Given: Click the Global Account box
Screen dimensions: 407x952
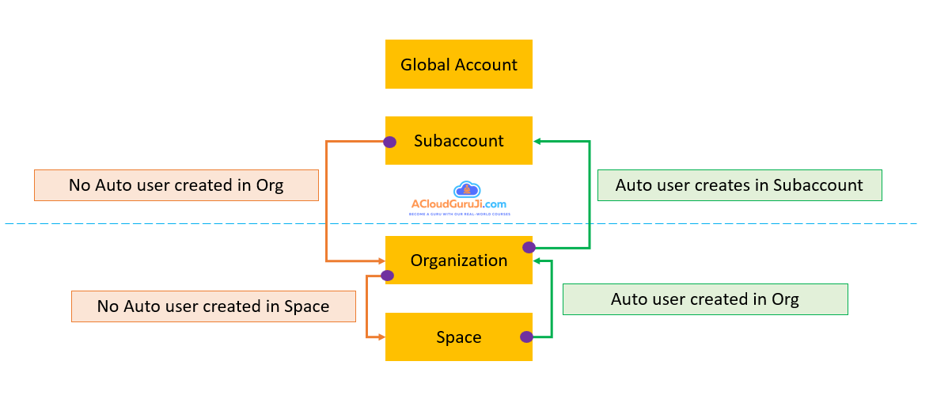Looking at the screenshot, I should tap(458, 64).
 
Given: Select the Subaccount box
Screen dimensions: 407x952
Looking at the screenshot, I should tap(458, 141).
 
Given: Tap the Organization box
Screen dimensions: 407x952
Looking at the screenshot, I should tap(458, 260).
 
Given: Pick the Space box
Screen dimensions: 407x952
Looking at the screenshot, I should tap(458, 337).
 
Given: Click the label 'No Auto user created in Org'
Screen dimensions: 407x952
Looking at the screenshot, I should tap(176, 185).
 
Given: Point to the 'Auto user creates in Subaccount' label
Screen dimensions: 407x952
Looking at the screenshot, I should tap(739, 185).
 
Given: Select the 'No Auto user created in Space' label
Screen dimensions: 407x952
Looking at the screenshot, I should tap(213, 306).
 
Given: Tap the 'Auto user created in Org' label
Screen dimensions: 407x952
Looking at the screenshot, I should tap(704, 299).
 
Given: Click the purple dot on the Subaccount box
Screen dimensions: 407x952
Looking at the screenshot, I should tap(389, 142).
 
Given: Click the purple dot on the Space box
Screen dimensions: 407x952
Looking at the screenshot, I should tap(526, 337).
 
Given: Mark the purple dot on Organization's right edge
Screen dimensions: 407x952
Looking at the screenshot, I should tap(529, 247).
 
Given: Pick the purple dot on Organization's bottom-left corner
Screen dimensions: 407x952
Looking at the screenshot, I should tap(387, 276).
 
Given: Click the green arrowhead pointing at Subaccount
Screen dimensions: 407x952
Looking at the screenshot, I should tap(537, 142).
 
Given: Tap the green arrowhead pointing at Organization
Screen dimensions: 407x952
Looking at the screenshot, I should tap(537, 260).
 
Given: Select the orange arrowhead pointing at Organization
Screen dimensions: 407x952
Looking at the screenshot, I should tap(381, 260).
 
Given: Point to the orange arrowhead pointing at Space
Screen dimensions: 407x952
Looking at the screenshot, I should tap(381, 337).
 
